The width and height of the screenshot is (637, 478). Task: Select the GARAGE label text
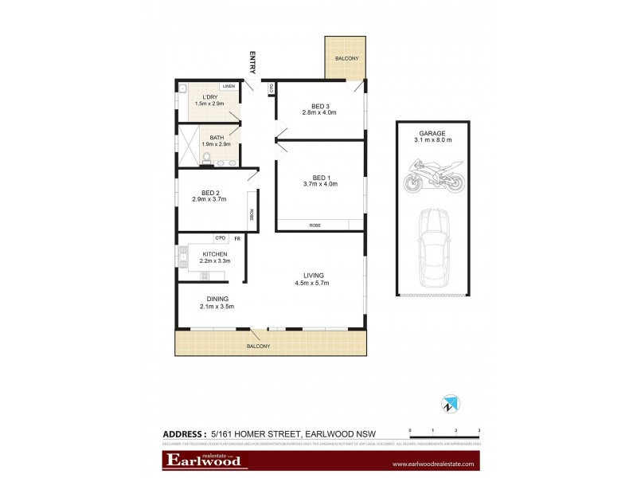pyautogui.click(x=432, y=133)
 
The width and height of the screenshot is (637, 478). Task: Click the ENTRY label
pyautogui.click(x=252, y=62)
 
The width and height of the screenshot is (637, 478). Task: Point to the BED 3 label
pyautogui.click(x=320, y=106)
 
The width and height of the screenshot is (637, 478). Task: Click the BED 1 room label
pyautogui.click(x=320, y=178)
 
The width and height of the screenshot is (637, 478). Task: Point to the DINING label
pyautogui.click(x=207, y=299)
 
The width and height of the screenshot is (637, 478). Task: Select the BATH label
pyautogui.click(x=217, y=137)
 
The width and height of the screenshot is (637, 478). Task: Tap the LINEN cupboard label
pyautogui.click(x=229, y=85)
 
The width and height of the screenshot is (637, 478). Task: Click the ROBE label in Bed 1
pyautogui.click(x=316, y=226)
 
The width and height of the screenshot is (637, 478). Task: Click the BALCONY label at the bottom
pyautogui.click(x=259, y=347)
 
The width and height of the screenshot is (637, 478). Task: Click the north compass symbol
pyautogui.click(x=449, y=405)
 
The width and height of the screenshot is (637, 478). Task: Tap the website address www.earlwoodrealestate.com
pyautogui.click(x=433, y=464)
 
